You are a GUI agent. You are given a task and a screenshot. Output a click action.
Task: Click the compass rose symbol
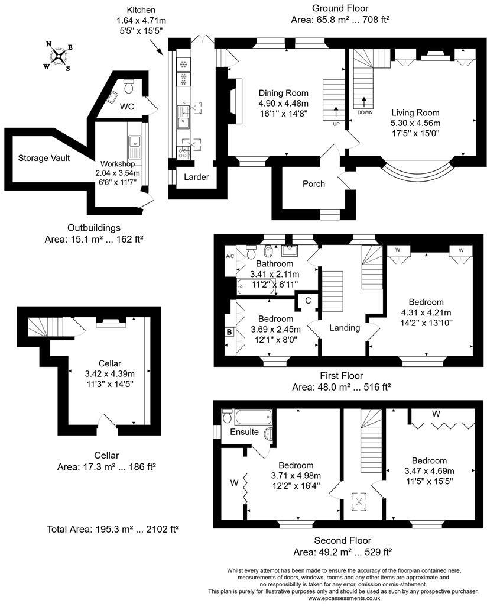pyautogui.click(x=59, y=56)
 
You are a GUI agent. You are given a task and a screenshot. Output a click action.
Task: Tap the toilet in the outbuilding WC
pyautogui.click(x=129, y=87)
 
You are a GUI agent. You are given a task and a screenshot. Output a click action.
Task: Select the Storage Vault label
pyautogui.click(x=44, y=158)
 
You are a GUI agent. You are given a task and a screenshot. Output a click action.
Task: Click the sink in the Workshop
pyautogui.click(x=135, y=141)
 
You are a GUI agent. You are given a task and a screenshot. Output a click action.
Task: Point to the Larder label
pyautogui.click(x=196, y=177)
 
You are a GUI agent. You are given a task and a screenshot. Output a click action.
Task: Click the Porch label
pyautogui.click(x=313, y=184)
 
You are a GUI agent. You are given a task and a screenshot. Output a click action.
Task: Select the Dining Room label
pyautogui.click(x=284, y=93)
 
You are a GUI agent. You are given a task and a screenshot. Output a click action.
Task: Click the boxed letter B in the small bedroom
pyautogui.click(x=229, y=333)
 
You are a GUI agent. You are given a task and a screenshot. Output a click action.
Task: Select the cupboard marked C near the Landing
pyautogui.click(x=308, y=300)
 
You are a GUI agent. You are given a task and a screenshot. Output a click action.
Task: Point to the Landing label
pyautogui.click(x=345, y=328)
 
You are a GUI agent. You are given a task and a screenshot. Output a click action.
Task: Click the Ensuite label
pyautogui.click(x=244, y=432)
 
